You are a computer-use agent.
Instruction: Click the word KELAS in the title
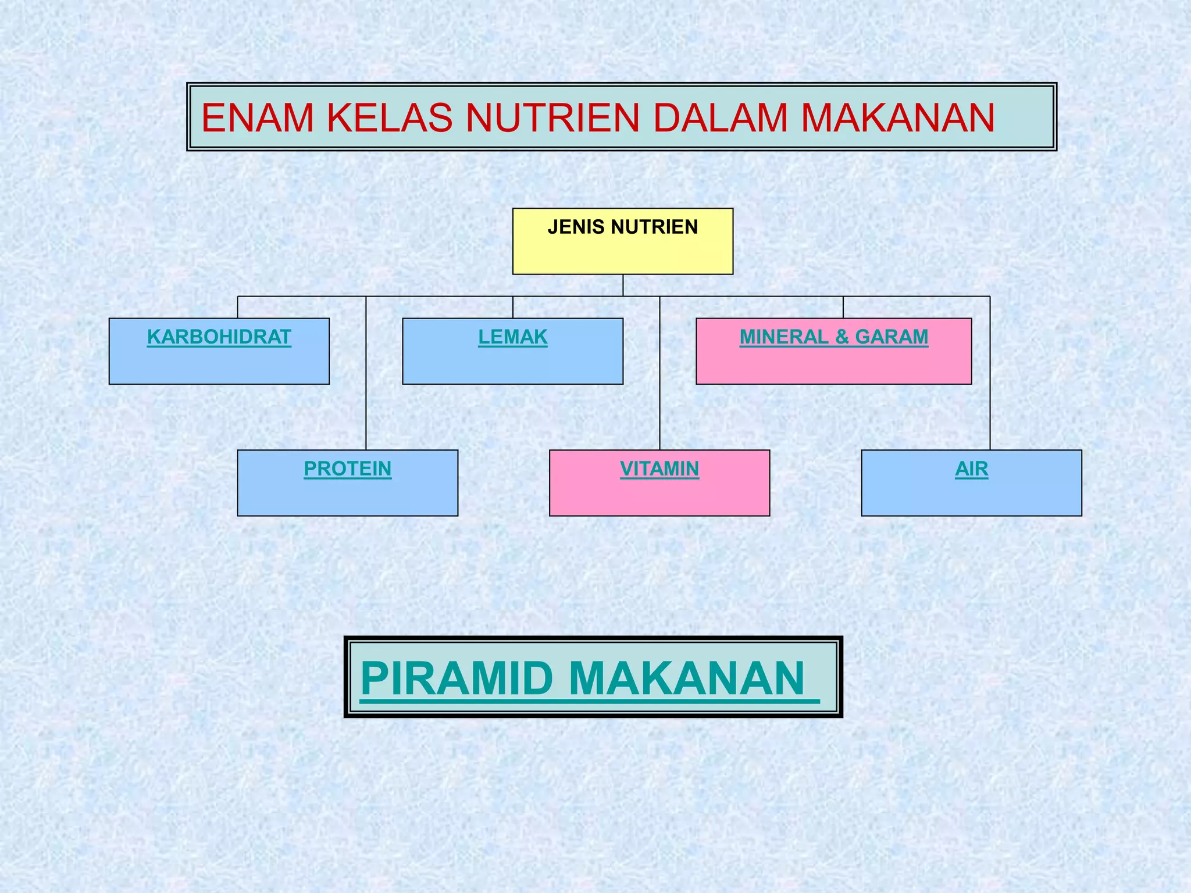pos(390,118)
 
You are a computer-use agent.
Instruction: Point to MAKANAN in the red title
pos(898,118)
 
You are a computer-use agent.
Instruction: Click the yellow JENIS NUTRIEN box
pos(622,250)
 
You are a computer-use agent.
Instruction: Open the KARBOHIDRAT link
pos(219,337)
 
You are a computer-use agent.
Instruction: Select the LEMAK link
pos(512,337)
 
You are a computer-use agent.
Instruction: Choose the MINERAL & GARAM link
pos(833,337)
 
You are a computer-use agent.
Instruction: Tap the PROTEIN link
pos(347,469)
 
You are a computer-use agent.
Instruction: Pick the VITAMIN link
pos(659,469)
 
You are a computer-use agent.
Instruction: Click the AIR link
pos(971,469)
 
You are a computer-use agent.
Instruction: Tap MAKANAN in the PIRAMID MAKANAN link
pos(686,678)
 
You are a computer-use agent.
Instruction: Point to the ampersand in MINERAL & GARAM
pos(842,337)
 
